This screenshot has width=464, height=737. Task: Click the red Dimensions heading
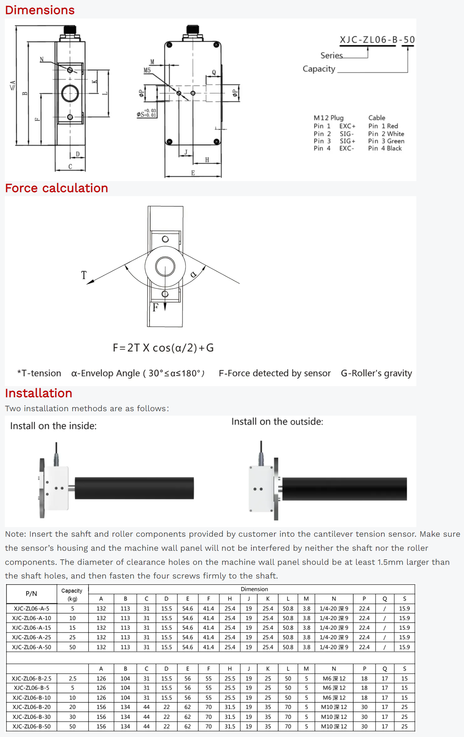click(40, 10)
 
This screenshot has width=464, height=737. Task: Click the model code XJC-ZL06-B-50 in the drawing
click(377, 40)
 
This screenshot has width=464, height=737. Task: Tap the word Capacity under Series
click(319, 69)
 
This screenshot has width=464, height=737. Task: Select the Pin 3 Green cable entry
click(386, 141)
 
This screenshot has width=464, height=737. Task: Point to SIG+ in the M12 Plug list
click(347, 141)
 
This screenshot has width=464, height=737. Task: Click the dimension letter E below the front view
click(193, 173)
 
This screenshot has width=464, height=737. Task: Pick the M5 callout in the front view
click(147, 70)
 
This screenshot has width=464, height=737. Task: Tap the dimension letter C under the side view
click(70, 167)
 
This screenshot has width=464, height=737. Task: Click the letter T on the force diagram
click(84, 275)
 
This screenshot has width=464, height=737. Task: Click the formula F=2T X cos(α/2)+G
click(163, 348)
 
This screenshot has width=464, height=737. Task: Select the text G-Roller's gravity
click(376, 373)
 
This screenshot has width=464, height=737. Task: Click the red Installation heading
click(39, 393)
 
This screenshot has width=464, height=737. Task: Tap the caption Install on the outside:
click(277, 421)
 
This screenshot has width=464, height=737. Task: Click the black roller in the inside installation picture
click(134, 488)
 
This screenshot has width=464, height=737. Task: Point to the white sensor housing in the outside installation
click(261, 489)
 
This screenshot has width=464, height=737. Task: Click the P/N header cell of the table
click(31, 594)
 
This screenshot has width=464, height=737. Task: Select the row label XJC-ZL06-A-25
click(32, 637)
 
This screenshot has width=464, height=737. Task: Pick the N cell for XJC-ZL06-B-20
click(334, 707)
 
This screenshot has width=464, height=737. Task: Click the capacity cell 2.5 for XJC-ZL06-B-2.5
click(72, 678)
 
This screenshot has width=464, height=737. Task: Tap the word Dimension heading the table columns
click(254, 589)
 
